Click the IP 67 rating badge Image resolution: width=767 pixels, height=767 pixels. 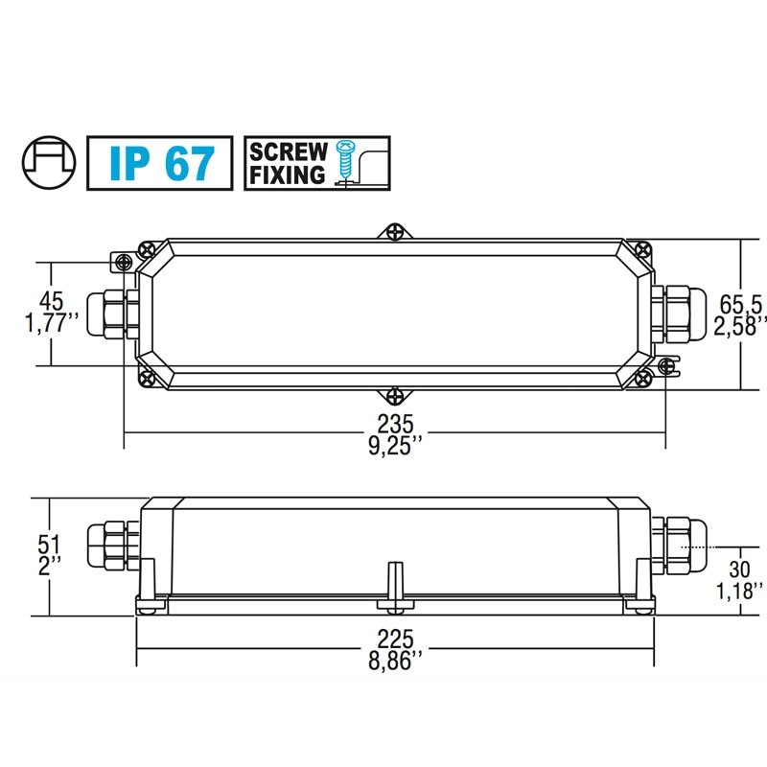coord(159,163)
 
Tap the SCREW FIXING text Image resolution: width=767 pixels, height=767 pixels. coord(289,163)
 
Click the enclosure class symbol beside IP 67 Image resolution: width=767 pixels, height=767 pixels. coord(47,162)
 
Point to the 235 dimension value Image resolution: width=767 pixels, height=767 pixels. coord(394,423)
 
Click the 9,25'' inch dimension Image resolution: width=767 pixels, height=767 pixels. coord(394,446)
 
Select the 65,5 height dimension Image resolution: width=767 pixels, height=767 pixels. coord(742,305)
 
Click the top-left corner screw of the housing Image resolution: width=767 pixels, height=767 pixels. coord(147,248)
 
